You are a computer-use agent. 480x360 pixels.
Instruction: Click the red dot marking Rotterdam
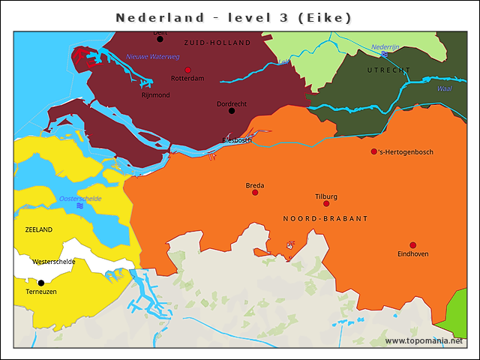(187, 70)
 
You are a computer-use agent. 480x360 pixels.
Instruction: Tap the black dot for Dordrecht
(232, 111)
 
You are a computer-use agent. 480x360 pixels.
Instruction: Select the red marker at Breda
(255, 193)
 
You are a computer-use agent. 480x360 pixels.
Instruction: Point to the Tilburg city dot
(326, 203)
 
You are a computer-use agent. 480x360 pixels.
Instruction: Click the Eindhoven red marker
(412, 245)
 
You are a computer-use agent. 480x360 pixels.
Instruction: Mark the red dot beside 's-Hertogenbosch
(374, 151)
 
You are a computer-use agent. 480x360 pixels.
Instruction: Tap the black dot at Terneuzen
(41, 283)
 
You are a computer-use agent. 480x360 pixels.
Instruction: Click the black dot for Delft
(160, 39)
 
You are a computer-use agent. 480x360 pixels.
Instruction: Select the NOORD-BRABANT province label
(325, 218)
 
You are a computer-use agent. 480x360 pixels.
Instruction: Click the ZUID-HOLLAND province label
(217, 43)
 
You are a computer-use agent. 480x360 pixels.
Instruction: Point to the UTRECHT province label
(388, 70)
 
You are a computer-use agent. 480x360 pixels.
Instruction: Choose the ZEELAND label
(39, 229)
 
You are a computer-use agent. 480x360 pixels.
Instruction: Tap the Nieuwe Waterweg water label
(152, 56)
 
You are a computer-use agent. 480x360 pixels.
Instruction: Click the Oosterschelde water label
(79, 199)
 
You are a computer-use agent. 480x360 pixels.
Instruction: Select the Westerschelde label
(53, 262)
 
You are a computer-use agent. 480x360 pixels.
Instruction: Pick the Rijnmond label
(155, 95)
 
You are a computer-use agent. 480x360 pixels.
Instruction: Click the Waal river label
(444, 88)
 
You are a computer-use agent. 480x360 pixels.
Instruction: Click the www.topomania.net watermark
(424, 340)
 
